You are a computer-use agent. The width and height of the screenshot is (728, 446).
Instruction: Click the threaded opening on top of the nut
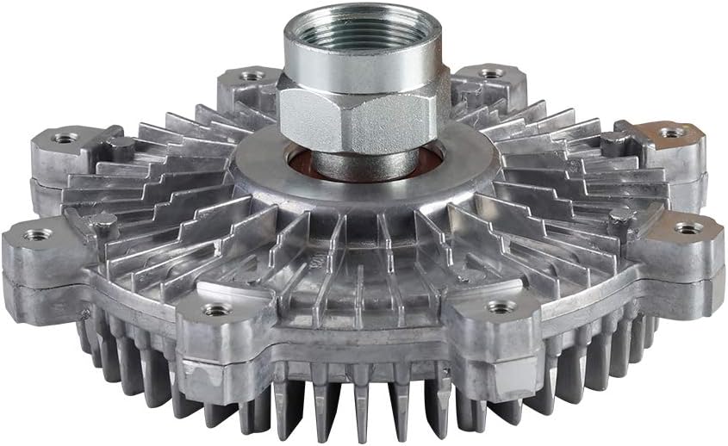coord(362,30)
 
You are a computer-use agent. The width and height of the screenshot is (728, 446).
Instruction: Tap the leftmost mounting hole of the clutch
coord(36,234)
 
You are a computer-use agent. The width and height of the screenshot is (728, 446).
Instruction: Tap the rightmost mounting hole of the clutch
coord(688,228)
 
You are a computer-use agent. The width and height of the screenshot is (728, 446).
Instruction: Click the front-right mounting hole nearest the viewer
coord(501,307)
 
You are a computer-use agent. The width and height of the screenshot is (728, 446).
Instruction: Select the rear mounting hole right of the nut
coord(489,73)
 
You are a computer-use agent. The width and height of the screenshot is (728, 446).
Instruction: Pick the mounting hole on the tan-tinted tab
coord(671,133)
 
